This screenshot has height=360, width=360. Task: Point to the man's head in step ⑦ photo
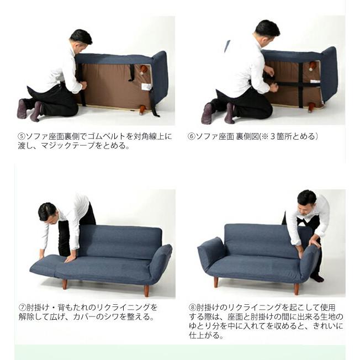click(47, 211)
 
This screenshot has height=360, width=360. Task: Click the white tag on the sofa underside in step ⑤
click(146, 87)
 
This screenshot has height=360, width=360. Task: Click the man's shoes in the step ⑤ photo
click(30, 109)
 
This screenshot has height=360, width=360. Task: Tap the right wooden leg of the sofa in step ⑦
click(146, 290)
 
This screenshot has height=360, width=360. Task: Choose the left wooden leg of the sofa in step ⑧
click(216, 282)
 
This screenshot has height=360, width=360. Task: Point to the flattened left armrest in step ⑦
click(44, 266)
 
